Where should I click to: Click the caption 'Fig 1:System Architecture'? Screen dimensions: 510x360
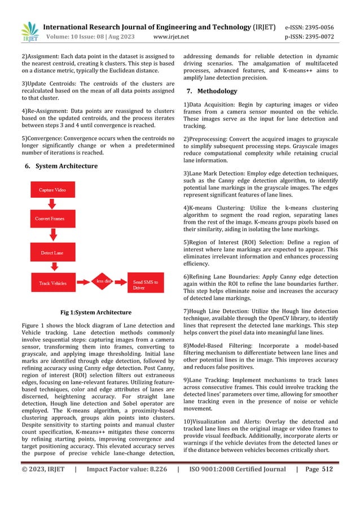95,312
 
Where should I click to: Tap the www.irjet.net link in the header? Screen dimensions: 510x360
171,37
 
